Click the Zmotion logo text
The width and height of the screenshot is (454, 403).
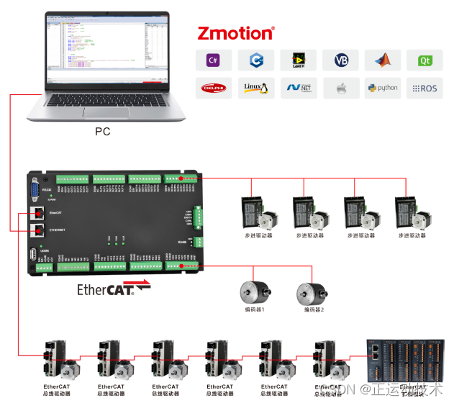236,33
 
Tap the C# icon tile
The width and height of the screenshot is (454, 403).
213,60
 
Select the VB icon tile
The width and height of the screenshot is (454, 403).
340,60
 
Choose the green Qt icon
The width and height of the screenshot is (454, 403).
425,60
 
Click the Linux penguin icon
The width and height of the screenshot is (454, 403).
255,88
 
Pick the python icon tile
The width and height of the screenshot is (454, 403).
382,88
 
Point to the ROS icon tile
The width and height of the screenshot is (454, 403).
425,88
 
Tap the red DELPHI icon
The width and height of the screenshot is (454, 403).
213,88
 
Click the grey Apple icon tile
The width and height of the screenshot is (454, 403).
340,88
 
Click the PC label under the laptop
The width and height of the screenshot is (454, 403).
103,132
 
